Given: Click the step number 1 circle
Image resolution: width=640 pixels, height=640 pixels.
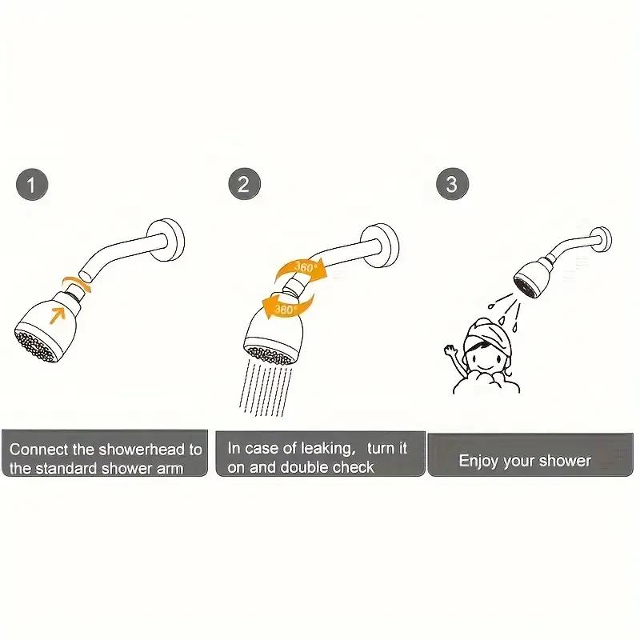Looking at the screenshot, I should tap(32, 186).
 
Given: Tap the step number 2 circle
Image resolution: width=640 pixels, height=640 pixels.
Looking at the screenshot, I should tap(244, 186).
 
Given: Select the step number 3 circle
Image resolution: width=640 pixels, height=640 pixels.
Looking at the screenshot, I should tap(452, 186).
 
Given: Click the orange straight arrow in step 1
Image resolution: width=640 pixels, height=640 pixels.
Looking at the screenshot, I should tap(58, 311).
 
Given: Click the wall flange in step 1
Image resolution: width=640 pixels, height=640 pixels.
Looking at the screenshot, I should tap(170, 237).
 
